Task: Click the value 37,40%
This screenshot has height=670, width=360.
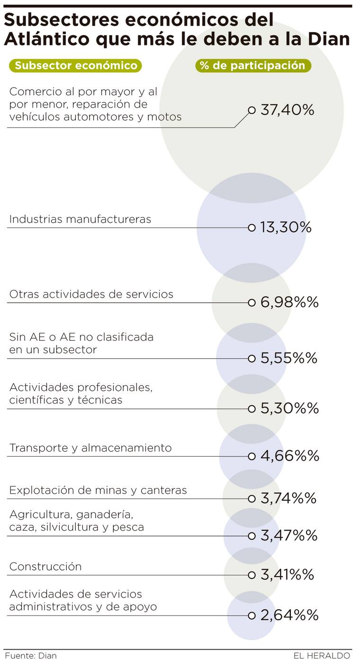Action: tap(287, 110)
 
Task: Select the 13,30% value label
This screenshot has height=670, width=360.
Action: tap(286, 227)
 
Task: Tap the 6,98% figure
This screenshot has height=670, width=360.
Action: tap(289, 302)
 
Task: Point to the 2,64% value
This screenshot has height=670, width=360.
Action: tap(289, 615)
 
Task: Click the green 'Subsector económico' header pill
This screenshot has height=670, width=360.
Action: tap(75, 65)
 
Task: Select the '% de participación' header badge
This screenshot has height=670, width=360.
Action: tap(253, 65)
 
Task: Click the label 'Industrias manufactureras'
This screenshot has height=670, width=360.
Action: tap(80, 219)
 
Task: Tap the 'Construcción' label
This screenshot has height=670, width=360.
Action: tap(45, 567)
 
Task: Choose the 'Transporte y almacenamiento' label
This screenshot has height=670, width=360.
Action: tap(90, 448)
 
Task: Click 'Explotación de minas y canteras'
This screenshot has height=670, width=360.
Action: tap(98, 490)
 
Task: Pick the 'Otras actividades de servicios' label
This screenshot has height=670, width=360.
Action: tap(91, 294)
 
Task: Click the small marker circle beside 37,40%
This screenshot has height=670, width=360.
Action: tap(252, 110)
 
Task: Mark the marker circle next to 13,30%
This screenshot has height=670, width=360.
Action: tap(252, 227)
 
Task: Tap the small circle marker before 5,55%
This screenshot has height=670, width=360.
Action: tap(252, 358)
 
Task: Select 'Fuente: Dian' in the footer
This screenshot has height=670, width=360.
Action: tap(31, 656)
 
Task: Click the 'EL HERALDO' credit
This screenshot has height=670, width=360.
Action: tap(322, 656)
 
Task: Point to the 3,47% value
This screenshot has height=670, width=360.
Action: tap(289, 536)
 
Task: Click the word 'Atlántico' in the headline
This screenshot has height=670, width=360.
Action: tap(46, 39)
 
